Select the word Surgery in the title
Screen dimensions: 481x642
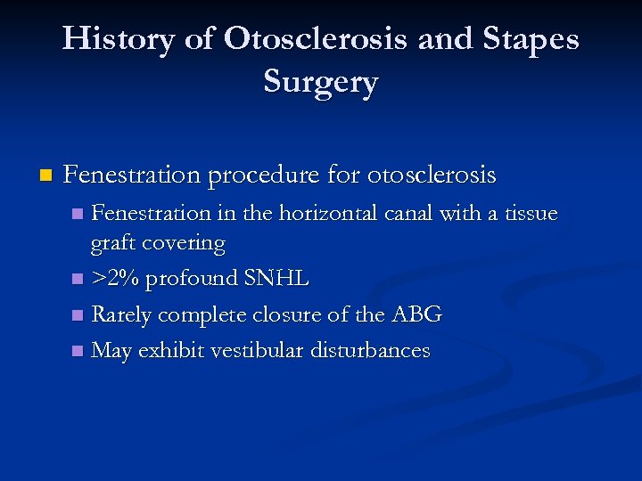pos(321,82)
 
